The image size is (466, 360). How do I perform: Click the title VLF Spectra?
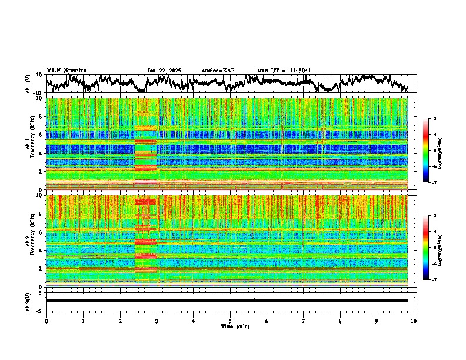click(x=66, y=70)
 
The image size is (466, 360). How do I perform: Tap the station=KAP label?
click(x=218, y=71)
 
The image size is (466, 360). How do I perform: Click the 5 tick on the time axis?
click(x=230, y=321)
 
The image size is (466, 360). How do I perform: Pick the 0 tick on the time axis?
click(x=46, y=321)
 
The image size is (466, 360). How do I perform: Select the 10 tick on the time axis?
click(x=414, y=321)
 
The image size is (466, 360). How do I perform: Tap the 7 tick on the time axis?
click(x=304, y=321)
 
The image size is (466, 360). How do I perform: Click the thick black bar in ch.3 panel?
click(x=227, y=301)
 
